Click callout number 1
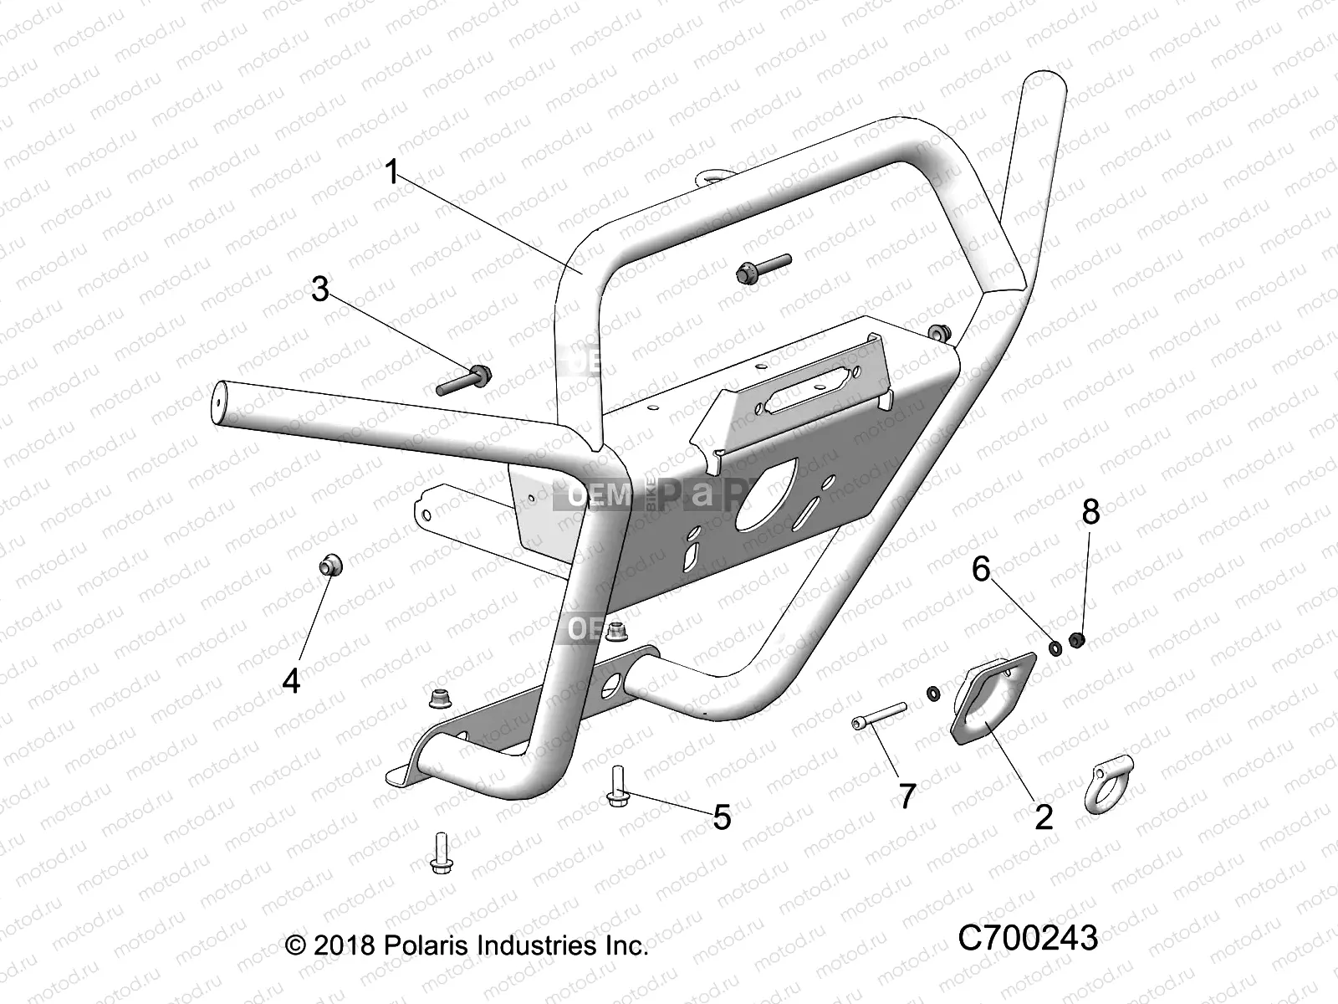click(392, 172)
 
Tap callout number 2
click(1043, 816)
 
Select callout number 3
click(320, 289)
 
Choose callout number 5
click(721, 817)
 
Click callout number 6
click(981, 569)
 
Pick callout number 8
click(1090, 512)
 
